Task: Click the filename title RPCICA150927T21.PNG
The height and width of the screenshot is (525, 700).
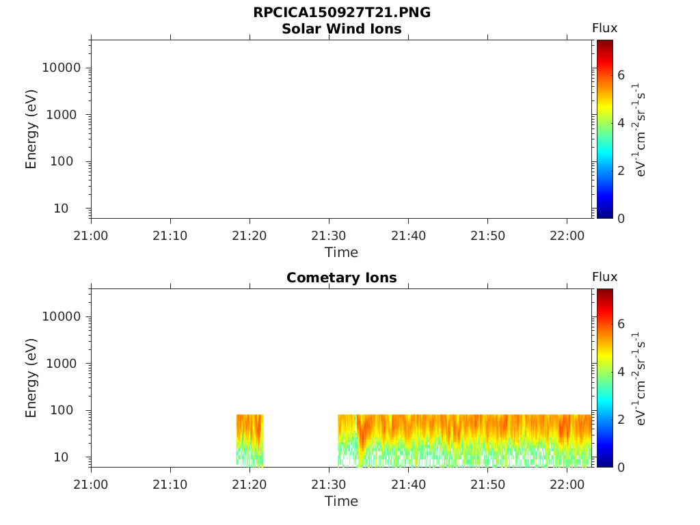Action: [342, 12]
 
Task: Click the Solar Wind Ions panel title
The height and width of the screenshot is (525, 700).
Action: [342, 29]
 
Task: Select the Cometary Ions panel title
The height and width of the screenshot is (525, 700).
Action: [342, 278]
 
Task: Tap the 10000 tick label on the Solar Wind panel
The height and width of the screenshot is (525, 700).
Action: [62, 68]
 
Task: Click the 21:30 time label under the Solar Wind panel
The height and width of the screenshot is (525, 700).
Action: [329, 235]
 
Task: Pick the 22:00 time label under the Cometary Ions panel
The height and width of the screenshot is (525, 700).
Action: [567, 484]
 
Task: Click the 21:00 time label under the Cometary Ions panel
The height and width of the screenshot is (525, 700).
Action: [91, 484]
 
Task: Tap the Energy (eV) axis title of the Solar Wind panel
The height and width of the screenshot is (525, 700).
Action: [31, 129]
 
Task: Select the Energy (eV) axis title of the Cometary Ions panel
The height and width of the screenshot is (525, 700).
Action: [31, 378]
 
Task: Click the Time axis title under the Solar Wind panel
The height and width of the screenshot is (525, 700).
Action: [342, 253]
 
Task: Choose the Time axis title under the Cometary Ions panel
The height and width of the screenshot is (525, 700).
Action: [342, 501]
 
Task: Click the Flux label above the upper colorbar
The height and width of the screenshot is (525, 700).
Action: [604, 28]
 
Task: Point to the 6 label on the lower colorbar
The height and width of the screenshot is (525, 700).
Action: [621, 323]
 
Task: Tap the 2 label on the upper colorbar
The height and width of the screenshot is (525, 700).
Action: [621, 170]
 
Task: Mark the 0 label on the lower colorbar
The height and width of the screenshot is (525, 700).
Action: [621, 468]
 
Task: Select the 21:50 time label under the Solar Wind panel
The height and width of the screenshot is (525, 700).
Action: [487, 235]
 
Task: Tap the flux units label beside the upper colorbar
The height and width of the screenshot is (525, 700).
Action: [639, 129]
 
